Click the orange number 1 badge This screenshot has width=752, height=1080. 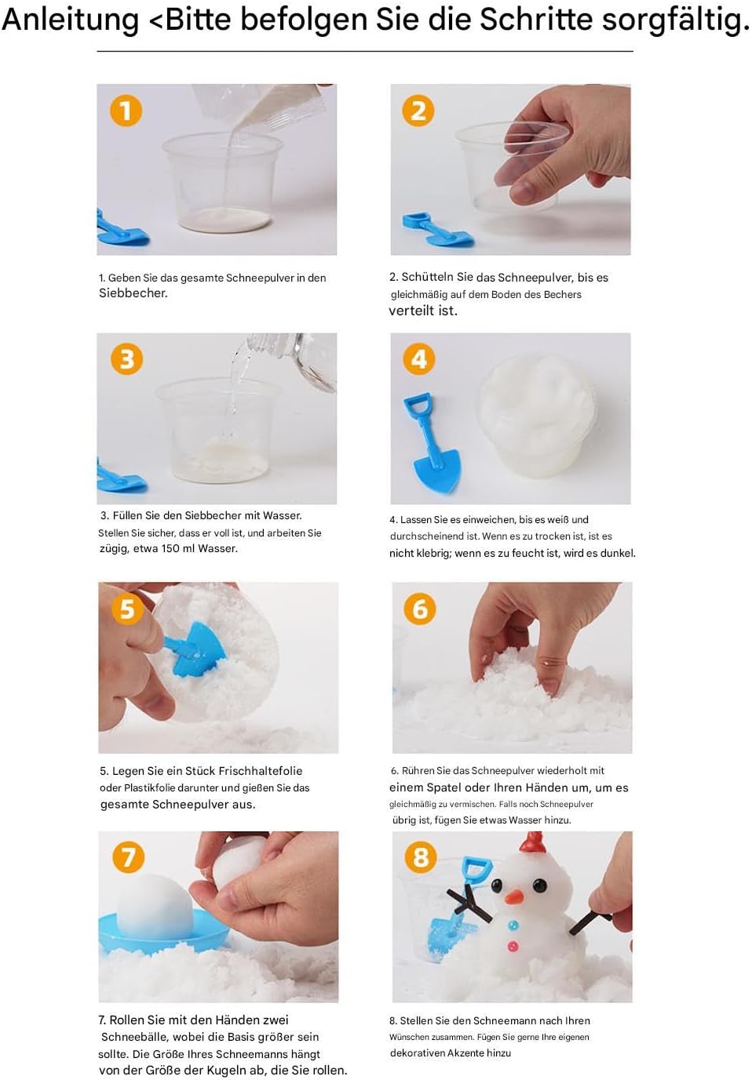tap(126, 111)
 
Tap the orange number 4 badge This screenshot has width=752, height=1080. tap(419, 359)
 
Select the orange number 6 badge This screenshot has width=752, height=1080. tap(420, 609)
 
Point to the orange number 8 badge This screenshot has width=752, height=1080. tap(421, 857)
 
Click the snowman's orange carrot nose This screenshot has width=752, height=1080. tap(514, 896)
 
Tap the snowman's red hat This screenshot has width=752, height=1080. tap(531, 842)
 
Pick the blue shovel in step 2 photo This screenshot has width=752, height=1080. tap(437, 230)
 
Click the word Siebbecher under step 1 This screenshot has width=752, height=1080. tap(133, 293)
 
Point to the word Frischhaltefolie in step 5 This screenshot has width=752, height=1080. tap(261, 771)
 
